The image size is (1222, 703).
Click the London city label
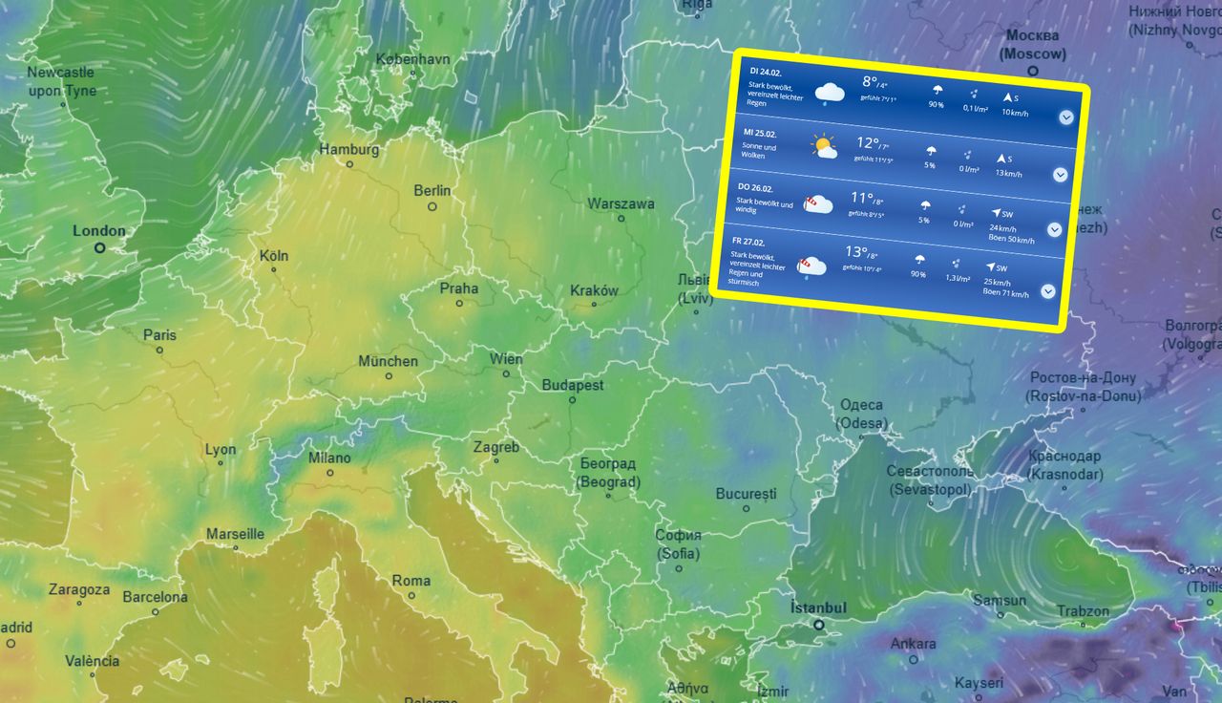pos(99,230)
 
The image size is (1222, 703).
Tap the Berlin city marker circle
pos(432,206)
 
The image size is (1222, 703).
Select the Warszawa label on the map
pos(621,203)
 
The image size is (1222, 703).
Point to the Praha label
pos(459,288)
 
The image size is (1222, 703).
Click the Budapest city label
pos(573,385)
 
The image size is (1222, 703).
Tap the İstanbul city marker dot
pos(818,625)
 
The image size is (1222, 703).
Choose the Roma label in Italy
pos(411,581)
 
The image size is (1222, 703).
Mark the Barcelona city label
pos(155,597)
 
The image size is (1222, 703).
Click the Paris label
pos(159,335)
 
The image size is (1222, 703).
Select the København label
pos(412,58)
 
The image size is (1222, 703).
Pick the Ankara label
pos(914,643)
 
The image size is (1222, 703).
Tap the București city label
pos(747,494)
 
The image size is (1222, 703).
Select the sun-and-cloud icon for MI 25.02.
pos(823,146)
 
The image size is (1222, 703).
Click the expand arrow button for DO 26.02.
pos(1054,229)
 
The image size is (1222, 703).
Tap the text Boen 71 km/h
pos(1005,293)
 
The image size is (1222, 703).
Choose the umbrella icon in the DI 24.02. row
pos(938,91)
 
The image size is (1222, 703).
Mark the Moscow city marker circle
pos(1033,70)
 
